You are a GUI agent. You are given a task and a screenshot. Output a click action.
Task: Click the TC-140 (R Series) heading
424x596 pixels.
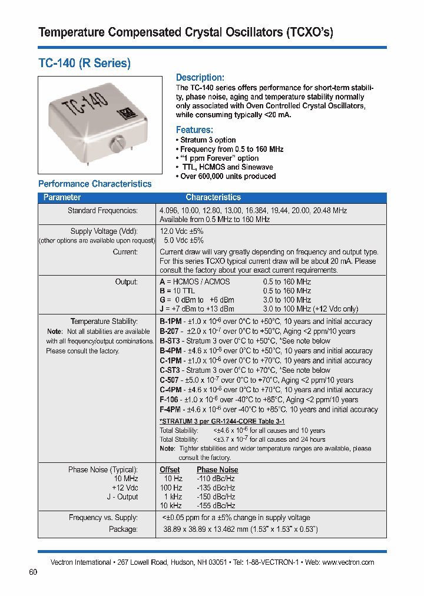click(x=84, y=63)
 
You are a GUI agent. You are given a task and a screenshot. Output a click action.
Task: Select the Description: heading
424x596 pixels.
click(x=200, y=78)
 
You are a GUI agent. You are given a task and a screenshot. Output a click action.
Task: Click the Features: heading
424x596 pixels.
click(x=194, y=130)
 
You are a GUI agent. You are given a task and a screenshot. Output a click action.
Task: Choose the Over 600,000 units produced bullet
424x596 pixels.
click(x=226, y=176)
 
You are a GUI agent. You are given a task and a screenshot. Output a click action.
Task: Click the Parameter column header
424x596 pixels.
click(x=62, y=198)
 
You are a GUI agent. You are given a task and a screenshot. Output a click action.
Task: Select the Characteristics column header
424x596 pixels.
click(x=213, y=198)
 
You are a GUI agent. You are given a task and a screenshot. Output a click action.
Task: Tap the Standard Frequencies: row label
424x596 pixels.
click(x=102, y=210)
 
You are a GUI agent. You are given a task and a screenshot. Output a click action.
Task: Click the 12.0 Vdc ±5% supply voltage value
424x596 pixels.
click(x=182, y=231)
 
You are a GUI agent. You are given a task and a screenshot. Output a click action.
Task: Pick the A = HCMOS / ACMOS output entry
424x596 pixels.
click(x=195, y=282)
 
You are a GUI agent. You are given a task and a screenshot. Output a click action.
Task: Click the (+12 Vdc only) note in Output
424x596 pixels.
click(x=337, y=309)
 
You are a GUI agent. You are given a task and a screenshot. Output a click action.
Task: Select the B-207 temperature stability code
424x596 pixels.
click(x=170, y=332)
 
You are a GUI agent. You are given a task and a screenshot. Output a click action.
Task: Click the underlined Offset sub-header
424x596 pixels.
click(x=170, y=470)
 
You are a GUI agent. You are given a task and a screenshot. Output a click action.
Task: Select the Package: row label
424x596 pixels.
click(x=123, y=529)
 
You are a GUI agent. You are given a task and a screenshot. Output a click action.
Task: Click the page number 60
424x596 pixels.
click(x=33, y=572)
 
